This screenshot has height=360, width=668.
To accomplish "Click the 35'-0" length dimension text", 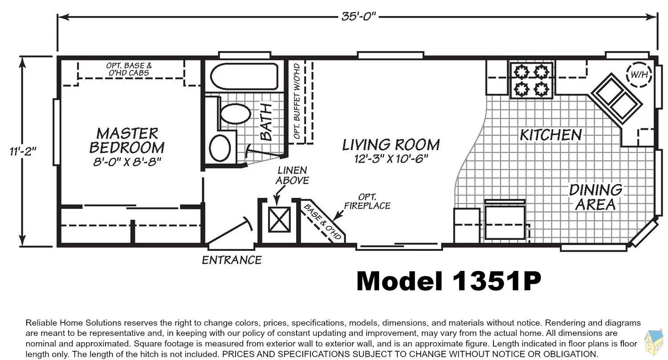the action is (359, 16).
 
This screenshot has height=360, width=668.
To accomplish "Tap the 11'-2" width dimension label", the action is (23, 151).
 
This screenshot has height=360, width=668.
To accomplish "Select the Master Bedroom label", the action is (127, 140).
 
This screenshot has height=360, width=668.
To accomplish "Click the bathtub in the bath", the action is (244, 76).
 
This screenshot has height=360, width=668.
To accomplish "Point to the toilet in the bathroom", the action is (235, 114).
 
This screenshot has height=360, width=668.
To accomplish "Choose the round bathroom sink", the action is (220, 148).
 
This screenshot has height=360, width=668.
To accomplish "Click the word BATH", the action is (266, 122).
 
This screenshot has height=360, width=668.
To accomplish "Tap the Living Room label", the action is (391, 145).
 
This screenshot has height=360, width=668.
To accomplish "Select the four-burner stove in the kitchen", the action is (531, 80).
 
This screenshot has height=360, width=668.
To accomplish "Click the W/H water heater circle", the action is (639, 74).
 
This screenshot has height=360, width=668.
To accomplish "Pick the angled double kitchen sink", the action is (617, 99).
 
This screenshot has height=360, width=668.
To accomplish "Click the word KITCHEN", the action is (551, 135).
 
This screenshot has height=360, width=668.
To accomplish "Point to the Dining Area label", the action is (596, 197).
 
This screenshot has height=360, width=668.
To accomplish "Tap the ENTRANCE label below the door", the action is (232, 260).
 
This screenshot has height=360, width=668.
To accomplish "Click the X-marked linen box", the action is (279, 220).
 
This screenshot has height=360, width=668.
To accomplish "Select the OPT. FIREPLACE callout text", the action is (367, 201).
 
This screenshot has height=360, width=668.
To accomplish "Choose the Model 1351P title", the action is (448, 281).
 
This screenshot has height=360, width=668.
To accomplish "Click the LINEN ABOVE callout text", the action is (292, 176).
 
